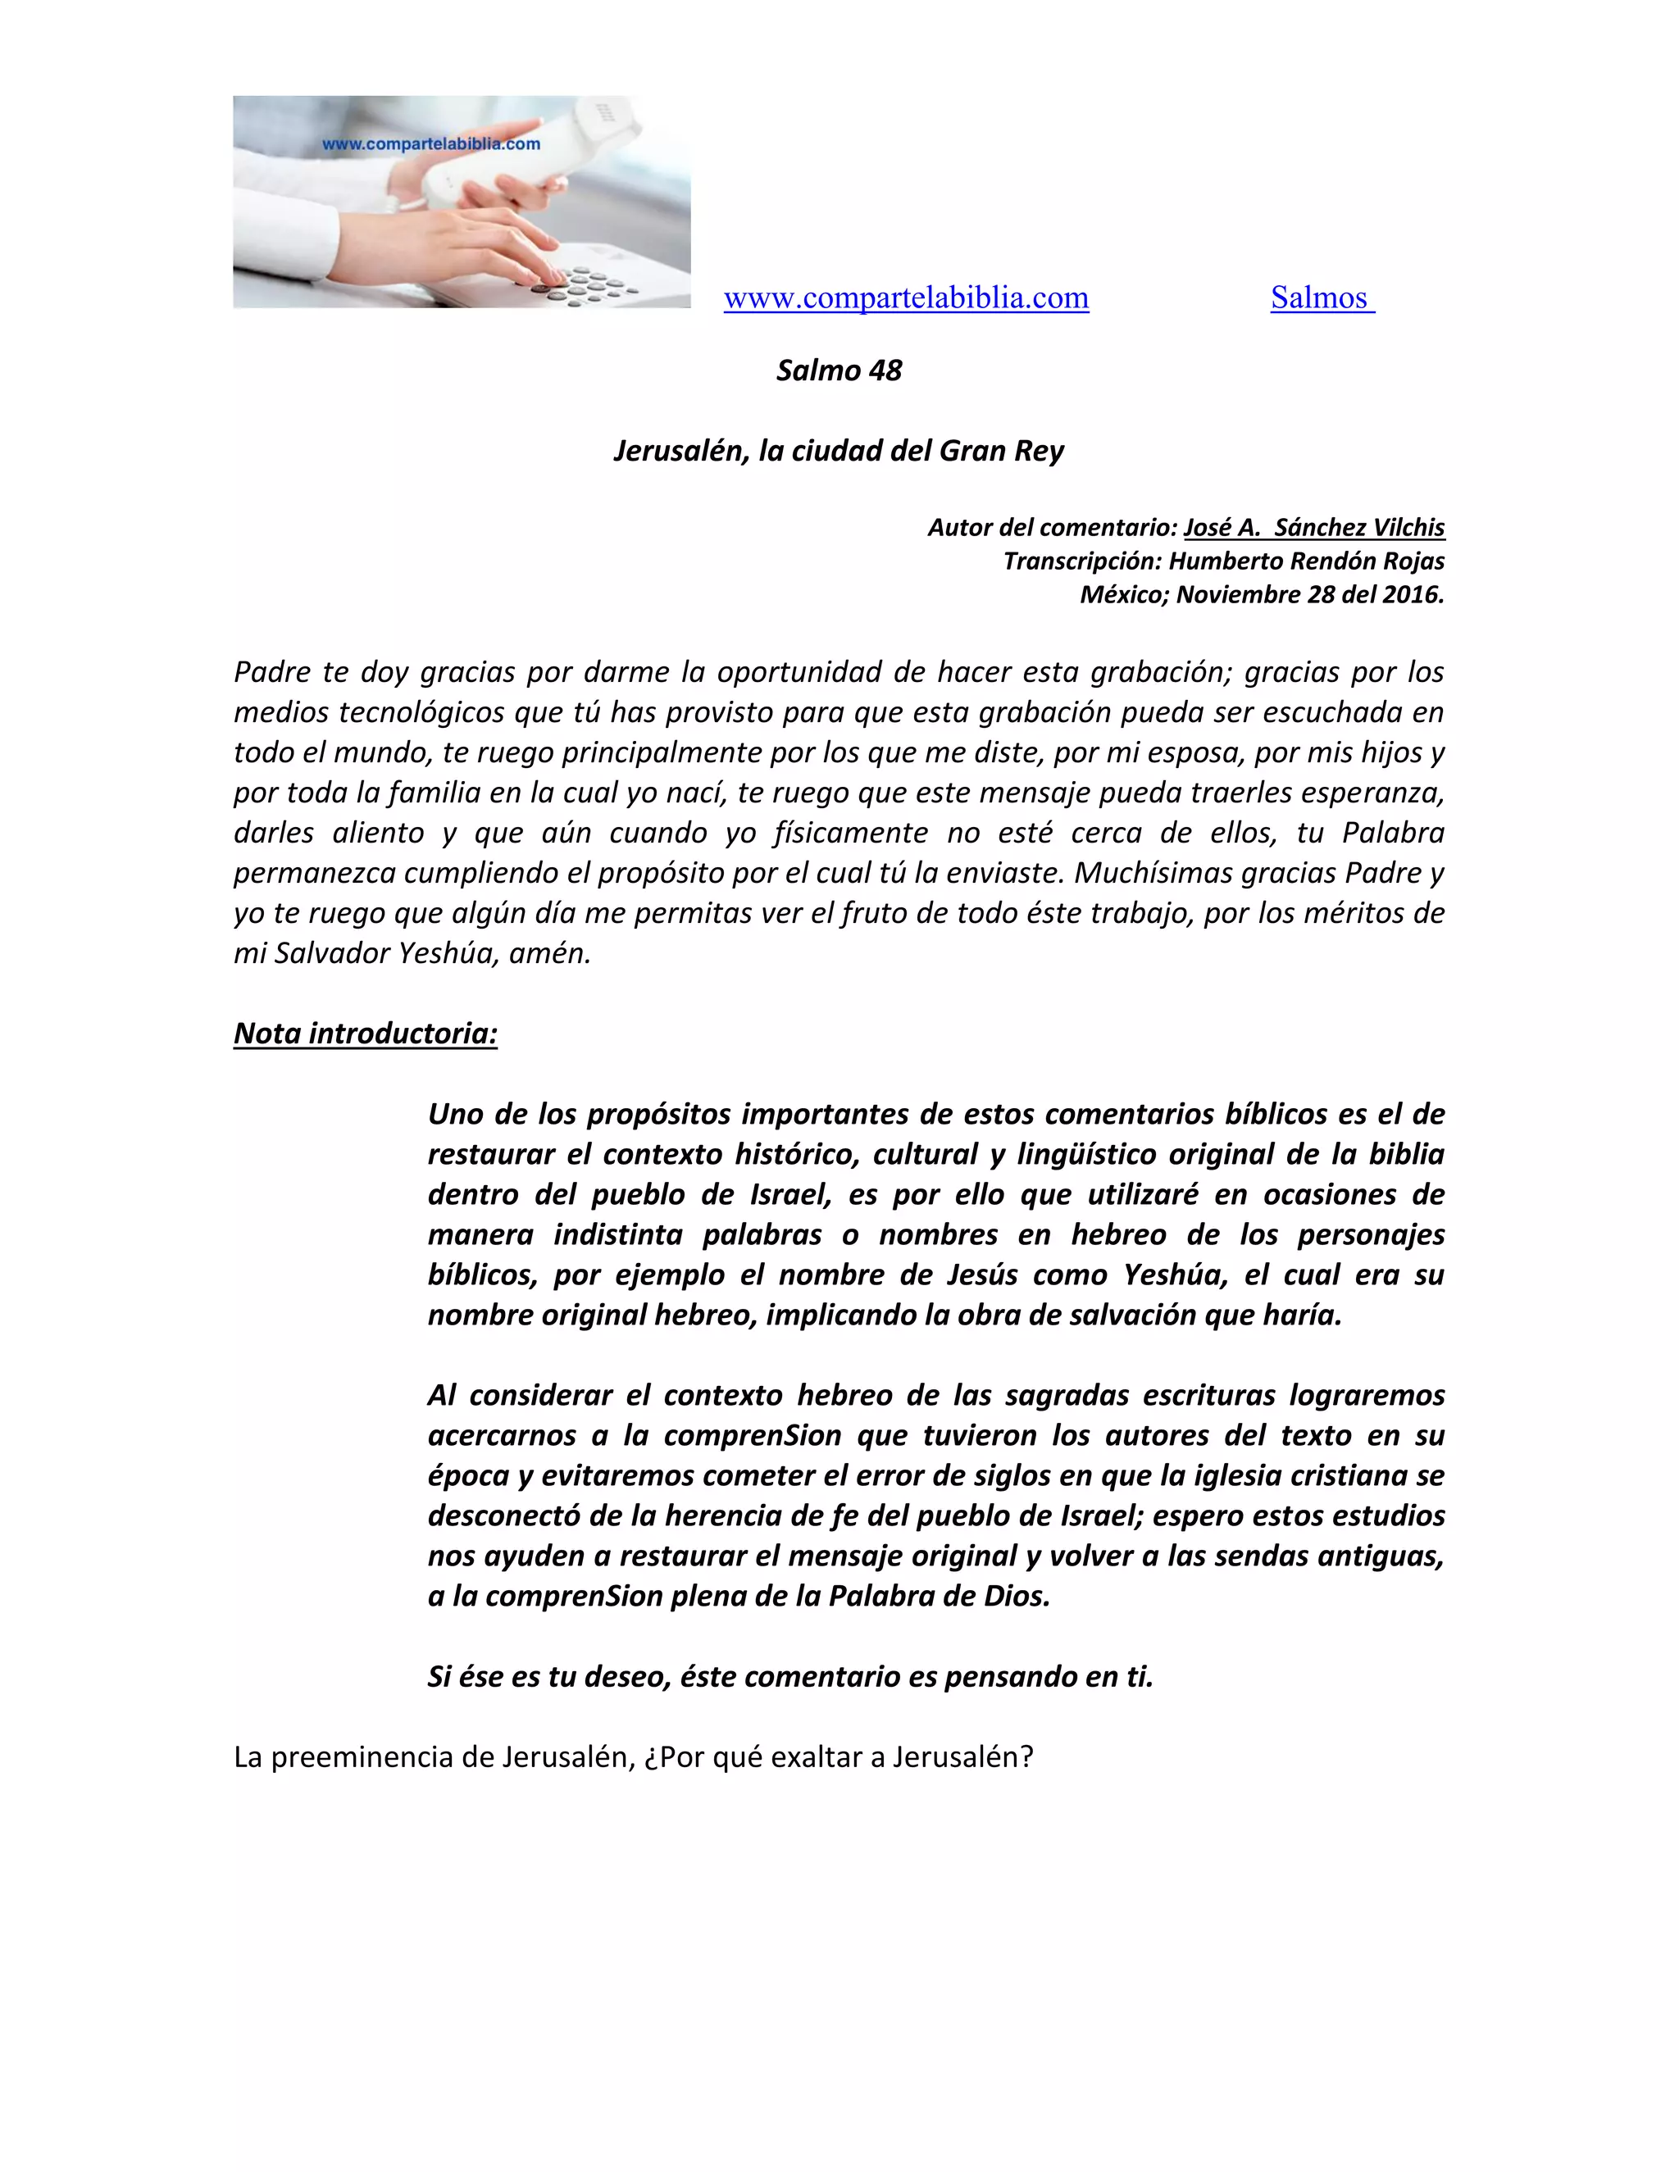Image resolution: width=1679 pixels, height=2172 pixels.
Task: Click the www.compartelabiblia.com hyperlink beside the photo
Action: coord(905,298)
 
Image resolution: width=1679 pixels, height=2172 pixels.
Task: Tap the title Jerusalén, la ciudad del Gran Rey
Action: coord(839,451)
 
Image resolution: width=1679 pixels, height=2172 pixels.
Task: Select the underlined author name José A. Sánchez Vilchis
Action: coord(1313,527)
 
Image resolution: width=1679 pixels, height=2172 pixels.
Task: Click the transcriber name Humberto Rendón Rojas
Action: coord(1306,561)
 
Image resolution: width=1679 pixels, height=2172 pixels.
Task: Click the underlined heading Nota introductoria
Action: coord(365,1034)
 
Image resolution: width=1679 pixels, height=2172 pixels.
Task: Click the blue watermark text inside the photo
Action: coord(430,144)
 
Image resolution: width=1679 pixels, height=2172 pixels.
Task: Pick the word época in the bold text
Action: coord(467,1476)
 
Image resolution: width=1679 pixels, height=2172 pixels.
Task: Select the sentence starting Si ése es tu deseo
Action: coord(789,1677)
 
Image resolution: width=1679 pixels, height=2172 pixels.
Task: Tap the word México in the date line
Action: coord(1125,595)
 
